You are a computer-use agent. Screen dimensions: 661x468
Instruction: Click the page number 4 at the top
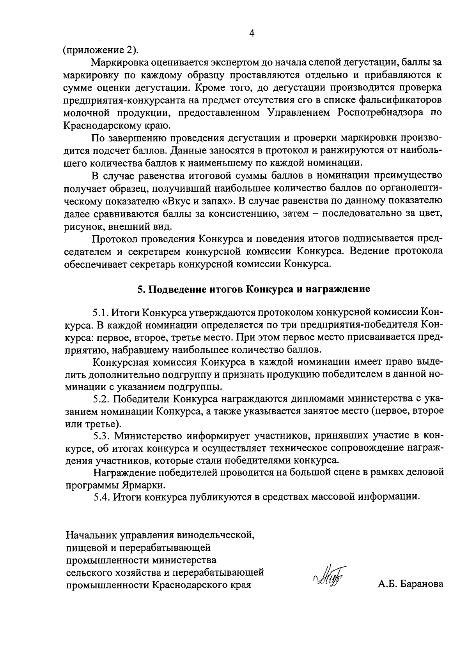click(x=252, y=33)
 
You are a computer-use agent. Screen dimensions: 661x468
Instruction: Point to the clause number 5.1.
click(x=101, y=313)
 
